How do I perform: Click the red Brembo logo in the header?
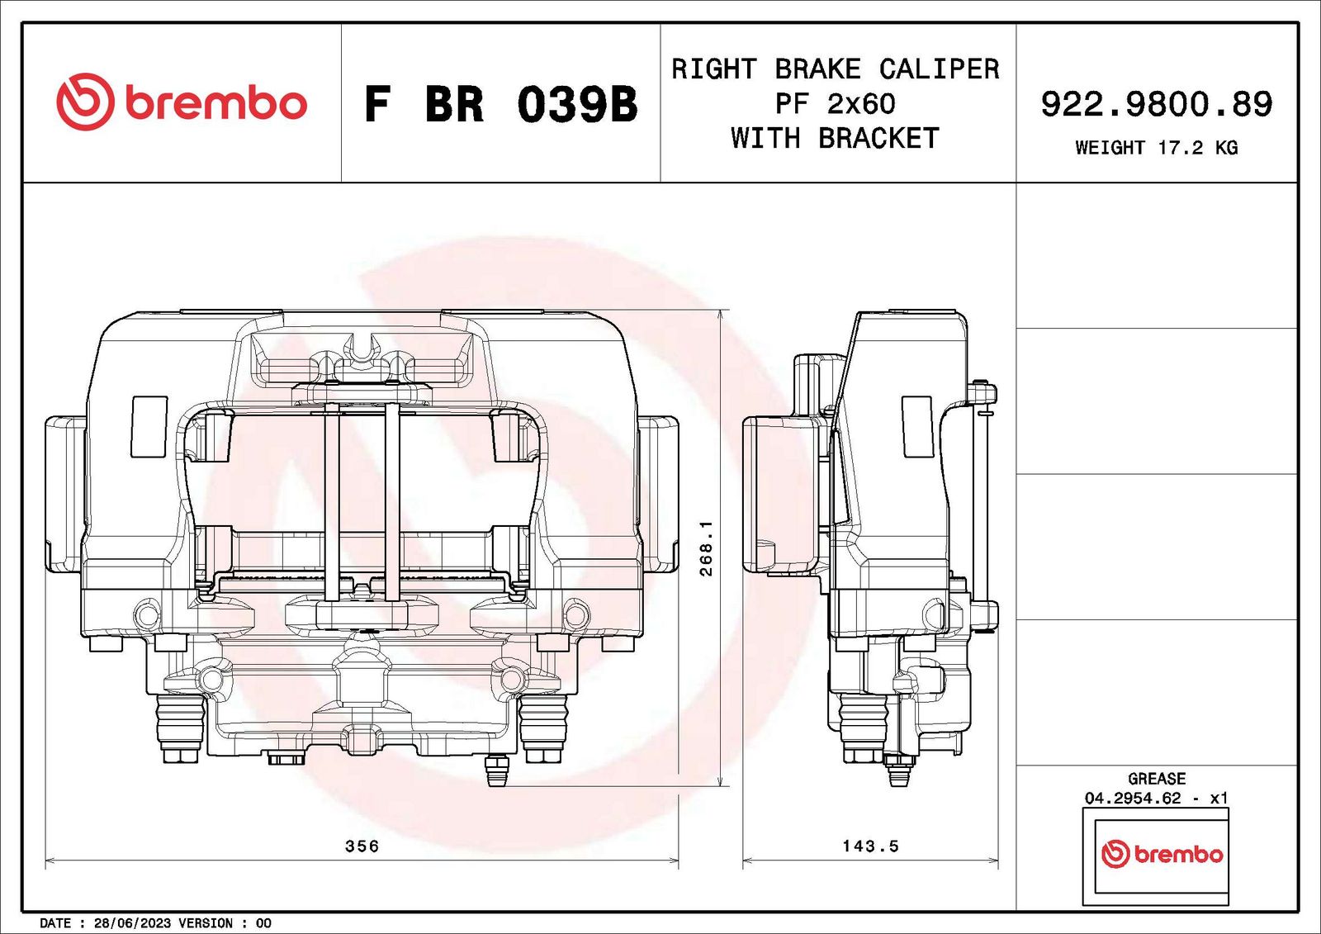point(182,102)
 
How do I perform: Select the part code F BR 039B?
point(500,104)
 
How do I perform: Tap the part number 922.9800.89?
point(1157,104)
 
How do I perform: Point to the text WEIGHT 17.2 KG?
point(1157,148)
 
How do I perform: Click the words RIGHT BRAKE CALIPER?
point(836,69)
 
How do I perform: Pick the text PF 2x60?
point(836,104)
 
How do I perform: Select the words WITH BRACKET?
point(836,139)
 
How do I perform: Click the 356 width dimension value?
point(362,846)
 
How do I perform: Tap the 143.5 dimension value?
point(870,846)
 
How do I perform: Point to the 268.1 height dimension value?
point(707,548)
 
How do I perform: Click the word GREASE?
point(1157,779)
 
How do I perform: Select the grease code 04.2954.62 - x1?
point(1157,799)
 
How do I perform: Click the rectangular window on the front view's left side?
point(149,426)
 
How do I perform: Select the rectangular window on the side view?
point(917,426)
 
